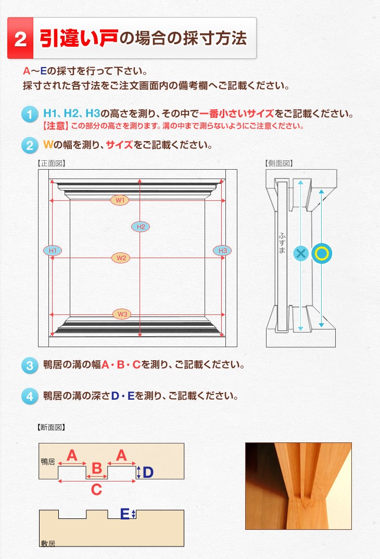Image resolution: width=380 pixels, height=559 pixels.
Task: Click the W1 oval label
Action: [x=119, y=200]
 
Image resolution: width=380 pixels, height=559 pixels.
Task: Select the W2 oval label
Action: [x=121, y=258]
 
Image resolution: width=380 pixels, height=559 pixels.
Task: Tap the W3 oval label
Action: [x=122, y=314]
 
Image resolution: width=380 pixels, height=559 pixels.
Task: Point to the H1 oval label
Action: [x=53, y=251]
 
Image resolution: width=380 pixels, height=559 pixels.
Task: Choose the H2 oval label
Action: [x=141, y=226]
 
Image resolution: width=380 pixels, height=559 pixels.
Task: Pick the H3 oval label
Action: [x=222, y=251]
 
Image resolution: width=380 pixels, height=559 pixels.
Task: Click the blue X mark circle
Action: [x=301, y=253]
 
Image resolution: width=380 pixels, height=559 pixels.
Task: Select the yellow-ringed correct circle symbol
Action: [x=322, y=253]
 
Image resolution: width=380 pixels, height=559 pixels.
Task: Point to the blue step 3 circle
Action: [x=30, y=366]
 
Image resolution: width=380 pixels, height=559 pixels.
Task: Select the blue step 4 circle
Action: [x=30, y=397]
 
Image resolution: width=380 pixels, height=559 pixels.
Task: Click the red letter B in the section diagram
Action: [x=97, y=468]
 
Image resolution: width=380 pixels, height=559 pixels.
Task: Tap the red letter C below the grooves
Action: [x=97, y=489]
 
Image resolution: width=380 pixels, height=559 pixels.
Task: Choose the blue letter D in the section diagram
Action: [x=148, y=473]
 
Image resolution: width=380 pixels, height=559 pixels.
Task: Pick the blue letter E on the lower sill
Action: [x=125, y=514]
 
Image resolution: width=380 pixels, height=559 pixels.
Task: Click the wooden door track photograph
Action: [x=298, y=486]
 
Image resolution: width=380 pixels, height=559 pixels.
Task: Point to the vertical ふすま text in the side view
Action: [x=282, y=243]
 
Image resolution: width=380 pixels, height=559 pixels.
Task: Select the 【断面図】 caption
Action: [x=52, y=427]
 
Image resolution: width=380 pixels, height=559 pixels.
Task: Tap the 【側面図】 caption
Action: [x=279, y=163]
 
